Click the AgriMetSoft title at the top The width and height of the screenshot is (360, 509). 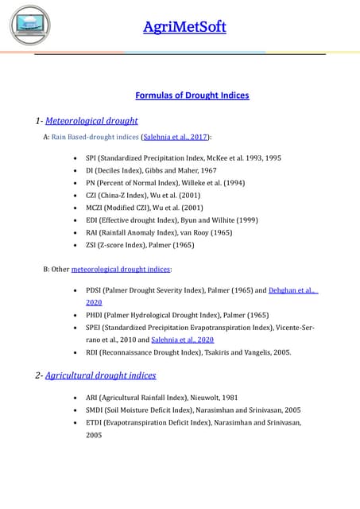(184, 27)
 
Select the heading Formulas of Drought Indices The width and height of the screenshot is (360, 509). (192, 95)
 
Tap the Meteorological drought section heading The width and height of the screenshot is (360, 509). (91, 121)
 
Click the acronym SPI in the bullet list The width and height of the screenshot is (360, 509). (91, 158)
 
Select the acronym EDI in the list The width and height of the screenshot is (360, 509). (92, 220)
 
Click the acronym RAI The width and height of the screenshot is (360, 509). (92, 232)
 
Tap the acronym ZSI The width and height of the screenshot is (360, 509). (92, 245)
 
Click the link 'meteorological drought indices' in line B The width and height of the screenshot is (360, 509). (121, 270)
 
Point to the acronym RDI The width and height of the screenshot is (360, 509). (93, 352)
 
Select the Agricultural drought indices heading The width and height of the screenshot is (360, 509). (100, 375)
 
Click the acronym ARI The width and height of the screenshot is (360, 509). (92, 397)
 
